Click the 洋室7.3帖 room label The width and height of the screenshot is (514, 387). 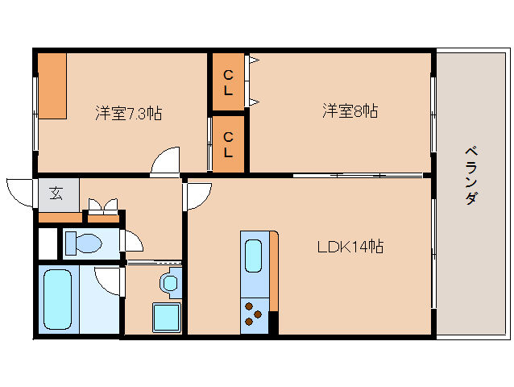pyautogui.click(x=129, y=113)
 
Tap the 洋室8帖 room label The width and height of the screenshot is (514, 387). pyautogui.click(x=350, y=111)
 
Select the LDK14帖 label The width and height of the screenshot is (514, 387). pyautogui.click(x=349, y=247)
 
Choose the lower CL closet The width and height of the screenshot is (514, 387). pyautogui.click(x=229, y=144)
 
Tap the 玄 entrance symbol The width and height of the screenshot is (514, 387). pyautogui.click(x=57, y=193)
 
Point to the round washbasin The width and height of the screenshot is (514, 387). pyautogui.click(x=168, y=283)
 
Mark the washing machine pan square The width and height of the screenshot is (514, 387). pyautogui.click(x=167, y=317)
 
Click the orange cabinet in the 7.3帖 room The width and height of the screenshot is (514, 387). pyautogui.click(x=50, y=85)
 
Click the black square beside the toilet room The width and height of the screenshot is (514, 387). pyautogui.click(x=47, y=243)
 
